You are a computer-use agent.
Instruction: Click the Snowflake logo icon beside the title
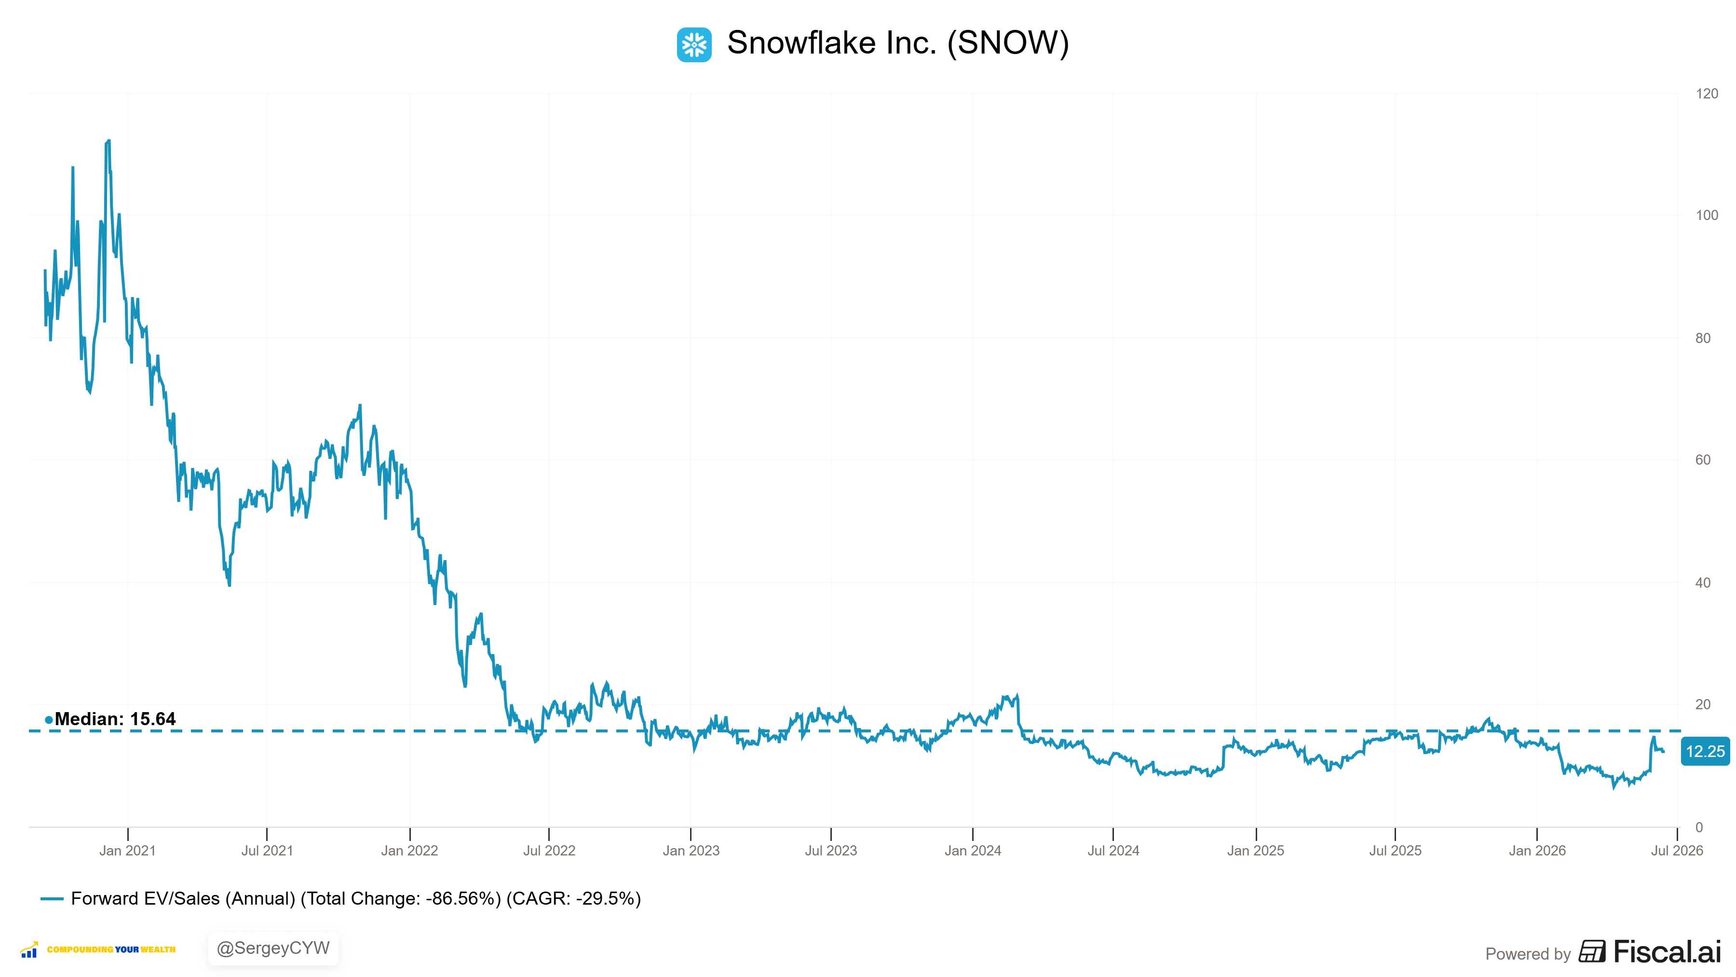(693, 44)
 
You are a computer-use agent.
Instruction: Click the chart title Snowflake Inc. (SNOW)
(897, 43)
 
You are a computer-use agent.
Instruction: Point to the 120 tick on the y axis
(1707, 94)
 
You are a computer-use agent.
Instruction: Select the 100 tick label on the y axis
(1707, 215)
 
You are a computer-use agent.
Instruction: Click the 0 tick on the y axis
(1699, 827)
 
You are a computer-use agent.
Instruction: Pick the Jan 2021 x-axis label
(127, 851)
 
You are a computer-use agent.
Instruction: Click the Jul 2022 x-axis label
(549, 851)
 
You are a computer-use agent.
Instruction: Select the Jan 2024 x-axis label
(973, 851)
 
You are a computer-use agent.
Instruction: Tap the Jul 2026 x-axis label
(1677, 851)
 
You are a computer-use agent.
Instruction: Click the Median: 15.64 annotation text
(115, 719)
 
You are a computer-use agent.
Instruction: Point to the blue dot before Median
(49, 720)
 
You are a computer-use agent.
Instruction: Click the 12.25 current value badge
(1705, 751)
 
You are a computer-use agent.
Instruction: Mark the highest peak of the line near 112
(108, 140)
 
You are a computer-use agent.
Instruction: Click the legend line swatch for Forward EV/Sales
(52, 899)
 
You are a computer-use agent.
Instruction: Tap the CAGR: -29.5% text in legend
(573, 899)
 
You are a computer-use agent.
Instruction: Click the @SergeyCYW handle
(273, 949)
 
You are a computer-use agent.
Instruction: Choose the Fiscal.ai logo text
(1667, 951)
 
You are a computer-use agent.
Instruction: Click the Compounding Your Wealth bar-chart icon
(29, 949)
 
